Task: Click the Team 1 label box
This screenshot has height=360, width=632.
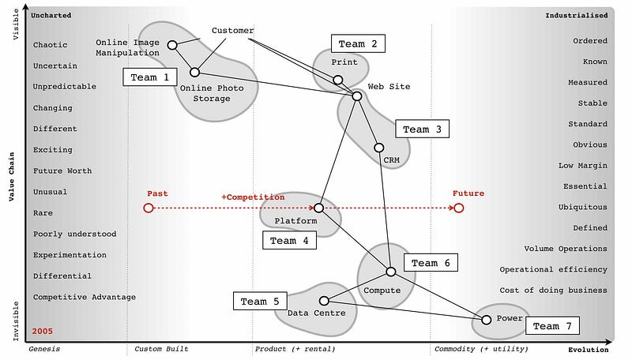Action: click(x=150, y=77)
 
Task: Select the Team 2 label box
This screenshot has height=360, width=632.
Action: click(x=358, y=43)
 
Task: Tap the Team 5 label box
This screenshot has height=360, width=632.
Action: click(x=260, y=301)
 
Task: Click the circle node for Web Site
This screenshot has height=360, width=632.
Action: click(x=356, y=96)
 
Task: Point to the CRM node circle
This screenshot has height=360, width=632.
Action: click(x=378, y=148)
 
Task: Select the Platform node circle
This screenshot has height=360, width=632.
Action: click(x=318, y=208)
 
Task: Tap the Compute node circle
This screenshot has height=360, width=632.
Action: click(x=390, y=272)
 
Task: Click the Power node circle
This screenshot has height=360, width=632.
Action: click(x=487, y=319)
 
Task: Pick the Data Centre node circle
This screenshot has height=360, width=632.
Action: click(x=324, y=301)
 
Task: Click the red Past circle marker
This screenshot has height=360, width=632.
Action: click(x=148, y=208)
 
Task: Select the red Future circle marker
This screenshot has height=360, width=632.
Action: click(x=458, y=208)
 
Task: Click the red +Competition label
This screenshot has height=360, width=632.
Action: click(x=253, y=197)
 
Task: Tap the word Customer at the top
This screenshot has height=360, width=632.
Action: click(x=233, y=31)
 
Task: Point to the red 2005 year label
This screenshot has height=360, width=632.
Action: click(x=43, y=331)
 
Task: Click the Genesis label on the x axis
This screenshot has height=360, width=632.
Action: click(x=44, y=349)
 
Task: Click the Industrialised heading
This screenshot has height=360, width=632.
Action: click(x=577, y=15)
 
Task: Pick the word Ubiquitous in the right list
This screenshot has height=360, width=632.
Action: click(x=582, y=207)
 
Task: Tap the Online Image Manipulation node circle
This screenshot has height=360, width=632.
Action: click(x=172, y=45)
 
